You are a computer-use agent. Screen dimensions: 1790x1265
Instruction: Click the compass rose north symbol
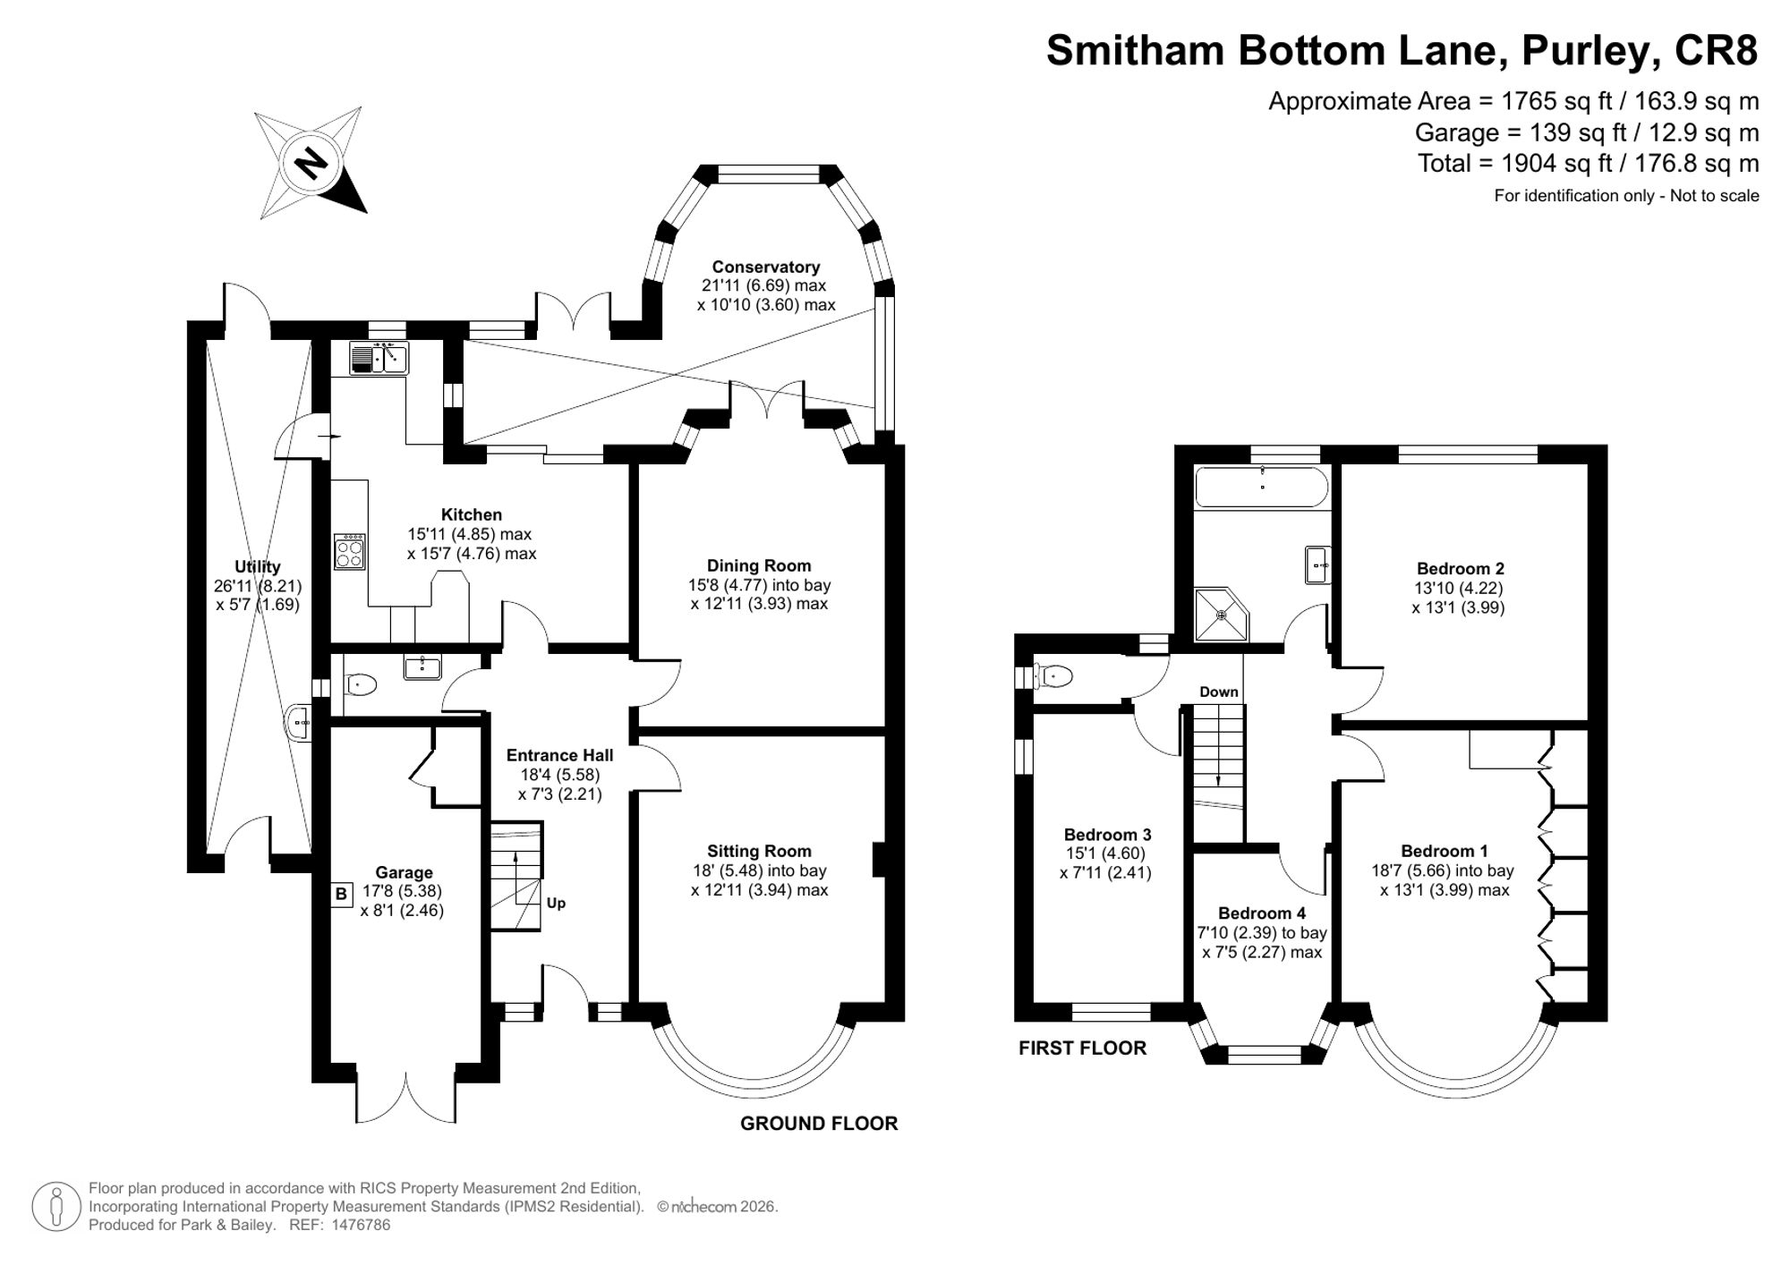[311, 162]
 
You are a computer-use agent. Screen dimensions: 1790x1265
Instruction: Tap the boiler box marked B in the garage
[341, 895]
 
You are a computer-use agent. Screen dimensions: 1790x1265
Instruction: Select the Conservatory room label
[766, 267]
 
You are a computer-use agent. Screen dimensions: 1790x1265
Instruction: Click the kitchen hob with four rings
[349, 551]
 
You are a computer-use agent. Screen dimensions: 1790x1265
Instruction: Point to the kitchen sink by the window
[379, 358]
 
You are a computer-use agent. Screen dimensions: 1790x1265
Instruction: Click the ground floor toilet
[360, 685]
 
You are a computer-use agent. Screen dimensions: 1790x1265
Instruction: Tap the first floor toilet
[1053, 675]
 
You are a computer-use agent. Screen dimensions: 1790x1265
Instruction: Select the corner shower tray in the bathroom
[1221, 615]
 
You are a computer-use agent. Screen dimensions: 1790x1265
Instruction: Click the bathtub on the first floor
[1262, 488]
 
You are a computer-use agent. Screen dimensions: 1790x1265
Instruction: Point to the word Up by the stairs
[556, 903]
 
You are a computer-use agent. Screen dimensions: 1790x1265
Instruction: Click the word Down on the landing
[1219, 692]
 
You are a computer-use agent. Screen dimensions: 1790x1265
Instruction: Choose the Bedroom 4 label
[1262, 913]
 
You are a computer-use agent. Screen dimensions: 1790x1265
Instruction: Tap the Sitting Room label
[759, 851]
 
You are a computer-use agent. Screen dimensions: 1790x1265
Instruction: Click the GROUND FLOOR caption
[819, 1124]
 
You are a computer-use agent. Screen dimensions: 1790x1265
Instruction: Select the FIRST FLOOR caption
[1082, 1048]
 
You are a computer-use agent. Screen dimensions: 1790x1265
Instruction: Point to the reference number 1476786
[361, 1225]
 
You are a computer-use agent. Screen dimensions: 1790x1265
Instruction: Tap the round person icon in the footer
[56, 1207]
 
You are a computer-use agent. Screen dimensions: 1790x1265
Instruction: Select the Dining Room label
[759, 565]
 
